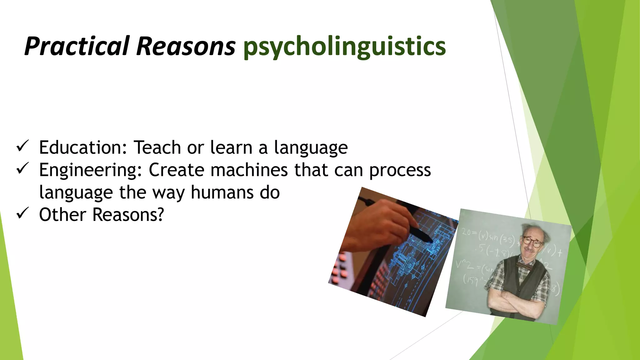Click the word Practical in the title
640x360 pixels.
tap(77, 46)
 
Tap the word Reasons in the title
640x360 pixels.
tap(186, 46)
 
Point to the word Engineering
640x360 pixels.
tap(90, 170)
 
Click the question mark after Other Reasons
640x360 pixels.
tap(160, 215)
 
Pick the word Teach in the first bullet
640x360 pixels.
tap(157, 147)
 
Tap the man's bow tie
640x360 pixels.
tap(525, 266)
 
